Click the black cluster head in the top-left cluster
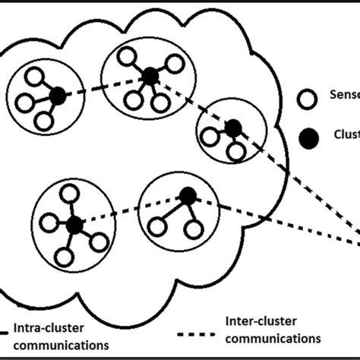58,96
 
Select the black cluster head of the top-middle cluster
150,75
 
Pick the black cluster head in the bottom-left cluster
74,224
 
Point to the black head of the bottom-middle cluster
187,196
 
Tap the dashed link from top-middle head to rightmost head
191,101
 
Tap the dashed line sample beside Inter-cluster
201,332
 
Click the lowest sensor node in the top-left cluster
43,121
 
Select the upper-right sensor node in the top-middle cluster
175,63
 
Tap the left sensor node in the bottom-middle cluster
157,226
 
